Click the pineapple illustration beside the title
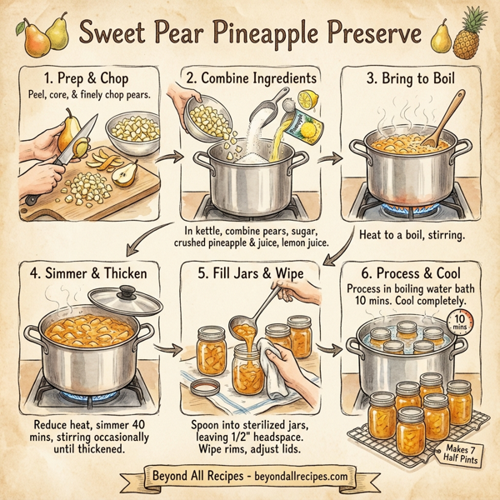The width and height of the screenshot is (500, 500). point(477,32)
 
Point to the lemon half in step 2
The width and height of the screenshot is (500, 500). point(305,97)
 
